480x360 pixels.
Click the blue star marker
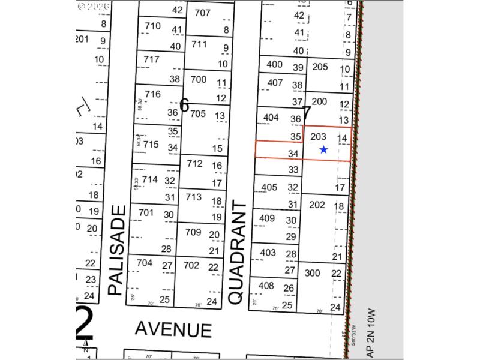pos(323,149)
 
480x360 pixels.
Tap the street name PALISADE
pos(118,250)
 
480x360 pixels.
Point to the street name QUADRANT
pos(238,253)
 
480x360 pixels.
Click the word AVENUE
pos(173,329)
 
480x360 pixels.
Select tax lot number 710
pos(153,26)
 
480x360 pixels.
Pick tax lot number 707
pos(203,13)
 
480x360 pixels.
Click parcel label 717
pos(152,59)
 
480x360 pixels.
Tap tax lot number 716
pos(153,94)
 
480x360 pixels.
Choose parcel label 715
pos(151,144)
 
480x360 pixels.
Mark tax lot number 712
pos(194,163)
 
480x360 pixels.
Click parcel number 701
pos(146,212)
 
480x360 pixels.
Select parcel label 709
pos(193,232)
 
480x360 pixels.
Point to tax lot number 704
pos(145,262)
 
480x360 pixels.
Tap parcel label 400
pos(274,65)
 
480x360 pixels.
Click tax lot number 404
pos(271,117)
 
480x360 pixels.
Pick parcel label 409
pos(267,218)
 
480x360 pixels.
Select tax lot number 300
pos(313,273)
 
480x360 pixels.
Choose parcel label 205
pos(320,67)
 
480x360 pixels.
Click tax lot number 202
pos(317,205)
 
